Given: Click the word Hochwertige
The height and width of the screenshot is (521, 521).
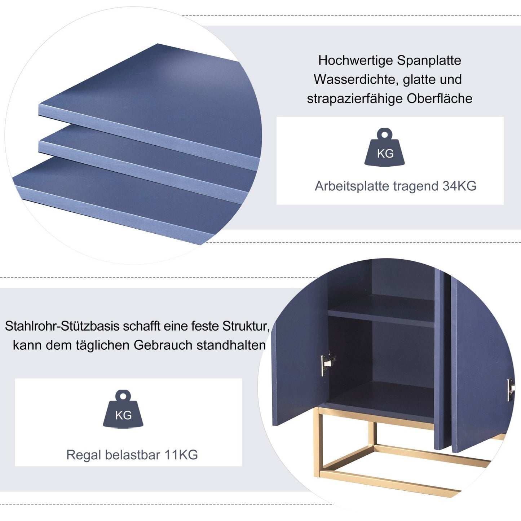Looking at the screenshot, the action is [355, 61].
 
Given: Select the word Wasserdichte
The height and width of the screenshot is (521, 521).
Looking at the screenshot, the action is [356, 79].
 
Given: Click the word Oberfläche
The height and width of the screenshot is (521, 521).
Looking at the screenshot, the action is [440, 98].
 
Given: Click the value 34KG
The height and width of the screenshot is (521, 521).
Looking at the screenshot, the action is [459, 186].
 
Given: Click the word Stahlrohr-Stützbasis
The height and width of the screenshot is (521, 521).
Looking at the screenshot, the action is [62, 326].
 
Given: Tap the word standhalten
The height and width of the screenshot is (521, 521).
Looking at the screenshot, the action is [231, 345].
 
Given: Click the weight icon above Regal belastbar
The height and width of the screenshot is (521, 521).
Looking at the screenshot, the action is [123, 409].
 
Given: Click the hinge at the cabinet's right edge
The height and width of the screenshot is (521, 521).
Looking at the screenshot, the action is [511, 390].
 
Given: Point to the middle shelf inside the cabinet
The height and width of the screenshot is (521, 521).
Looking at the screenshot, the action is [381, 311].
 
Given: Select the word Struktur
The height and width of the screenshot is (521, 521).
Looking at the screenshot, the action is [246, 326].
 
